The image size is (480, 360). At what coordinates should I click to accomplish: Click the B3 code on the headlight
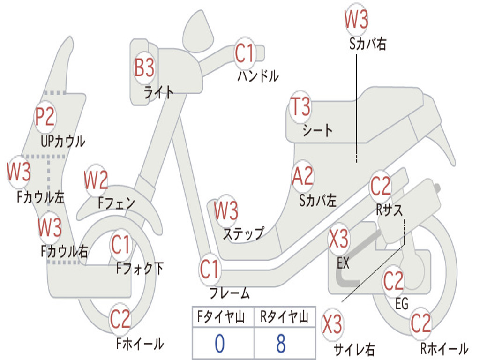click(144, 68)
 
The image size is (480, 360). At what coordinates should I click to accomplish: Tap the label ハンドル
click(258, 76)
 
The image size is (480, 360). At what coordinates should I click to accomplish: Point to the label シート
click(317, 130)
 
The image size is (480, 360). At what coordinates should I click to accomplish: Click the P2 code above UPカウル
click(45, 117)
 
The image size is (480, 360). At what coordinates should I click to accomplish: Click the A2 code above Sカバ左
click(302, 177)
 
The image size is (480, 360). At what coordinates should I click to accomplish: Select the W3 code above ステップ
click(226, 211)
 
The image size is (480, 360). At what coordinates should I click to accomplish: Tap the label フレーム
click(229, 294)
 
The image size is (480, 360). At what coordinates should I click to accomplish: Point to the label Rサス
click(389, 210)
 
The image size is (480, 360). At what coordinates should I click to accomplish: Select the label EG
click(402, 304)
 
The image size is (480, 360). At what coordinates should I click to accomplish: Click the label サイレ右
click(354, 349)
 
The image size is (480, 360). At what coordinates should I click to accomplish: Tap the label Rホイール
click(444, 349)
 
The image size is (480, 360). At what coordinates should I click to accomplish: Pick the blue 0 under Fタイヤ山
click(219, 344)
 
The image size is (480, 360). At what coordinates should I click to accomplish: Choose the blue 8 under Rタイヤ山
click(281, 344)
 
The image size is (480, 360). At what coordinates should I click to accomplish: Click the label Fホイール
click(140, 344)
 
